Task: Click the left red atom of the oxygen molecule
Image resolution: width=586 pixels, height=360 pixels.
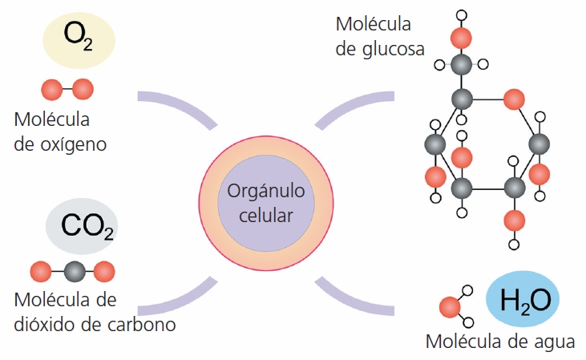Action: point(51,87)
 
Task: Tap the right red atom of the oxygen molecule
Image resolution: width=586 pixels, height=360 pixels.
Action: point(83,87)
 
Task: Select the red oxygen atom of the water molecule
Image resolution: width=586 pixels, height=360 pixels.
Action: point(450,307)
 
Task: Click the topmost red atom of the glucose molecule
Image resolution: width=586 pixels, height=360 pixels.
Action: point(459,38)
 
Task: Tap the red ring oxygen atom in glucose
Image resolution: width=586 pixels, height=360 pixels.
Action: point(513,99)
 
